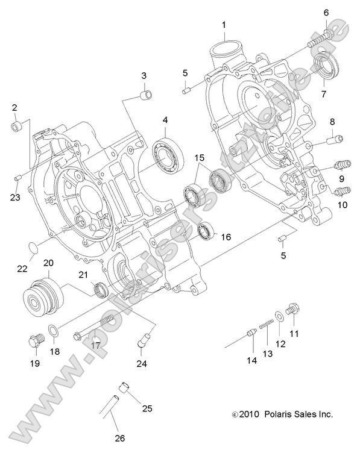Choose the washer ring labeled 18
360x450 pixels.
tap(54, 331)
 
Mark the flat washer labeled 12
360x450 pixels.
tap(278, 316)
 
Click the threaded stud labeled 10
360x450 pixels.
tap(342, 192)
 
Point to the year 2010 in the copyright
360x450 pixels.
tap(248, 414)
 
